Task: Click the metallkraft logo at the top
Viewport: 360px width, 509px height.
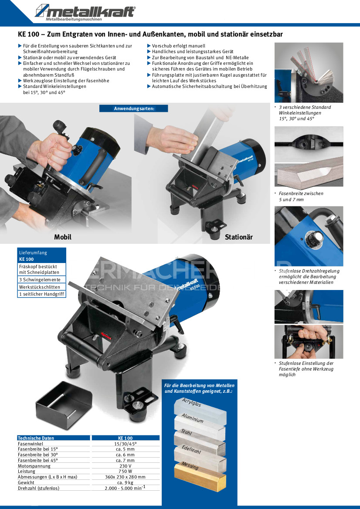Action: tap(85, 12)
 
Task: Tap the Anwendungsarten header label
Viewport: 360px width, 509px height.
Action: tap(133, 108)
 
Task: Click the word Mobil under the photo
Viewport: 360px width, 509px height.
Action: tap(63, 237)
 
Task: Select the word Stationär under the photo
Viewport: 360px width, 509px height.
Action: tap(238, 237)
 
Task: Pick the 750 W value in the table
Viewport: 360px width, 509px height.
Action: tap(126, 472)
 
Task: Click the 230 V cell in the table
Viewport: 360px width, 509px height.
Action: tap(126, 466)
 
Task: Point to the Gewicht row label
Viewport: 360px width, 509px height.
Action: tap(26, 483)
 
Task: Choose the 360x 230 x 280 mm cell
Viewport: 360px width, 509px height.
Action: tap(126, 477)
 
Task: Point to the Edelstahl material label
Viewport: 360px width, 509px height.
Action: tap(191, 449)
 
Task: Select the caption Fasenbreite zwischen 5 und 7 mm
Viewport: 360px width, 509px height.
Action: tap(301, 196)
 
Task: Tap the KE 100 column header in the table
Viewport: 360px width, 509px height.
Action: tap(126, 438)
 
